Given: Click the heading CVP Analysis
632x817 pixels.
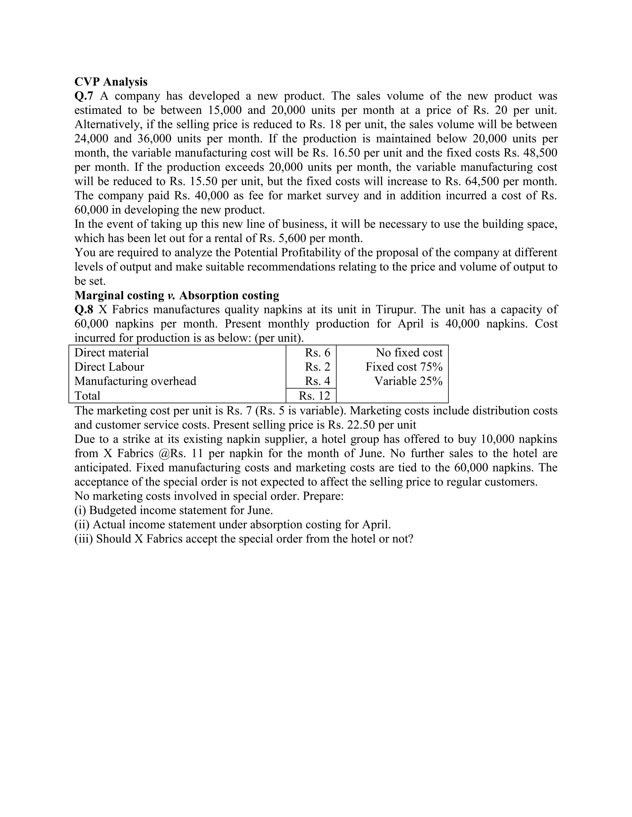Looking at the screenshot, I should [111, 82].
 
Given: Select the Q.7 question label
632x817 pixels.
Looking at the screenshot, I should [84, 96].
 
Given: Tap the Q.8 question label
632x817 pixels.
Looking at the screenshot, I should [84, 310].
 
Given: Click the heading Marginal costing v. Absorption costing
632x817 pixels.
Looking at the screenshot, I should [177, 296].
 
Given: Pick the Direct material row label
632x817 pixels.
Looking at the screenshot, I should [112, 352].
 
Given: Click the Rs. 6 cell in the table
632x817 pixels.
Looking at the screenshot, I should [318, 352].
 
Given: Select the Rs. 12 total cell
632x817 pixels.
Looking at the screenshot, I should [314, 396].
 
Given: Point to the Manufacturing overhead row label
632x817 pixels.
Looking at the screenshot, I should [135, 381].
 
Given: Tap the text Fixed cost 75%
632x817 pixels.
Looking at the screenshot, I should [404, 367].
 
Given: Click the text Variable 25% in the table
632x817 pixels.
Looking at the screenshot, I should [408, 381].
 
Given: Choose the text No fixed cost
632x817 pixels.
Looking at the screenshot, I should [409, 352].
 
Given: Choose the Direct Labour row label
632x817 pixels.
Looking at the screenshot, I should [109, 367].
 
